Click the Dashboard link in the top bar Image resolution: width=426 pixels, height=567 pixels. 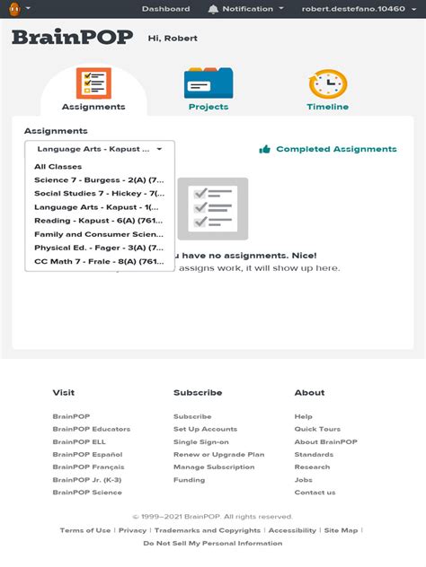click(165, 9)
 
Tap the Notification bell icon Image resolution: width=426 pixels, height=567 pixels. click(213, 9)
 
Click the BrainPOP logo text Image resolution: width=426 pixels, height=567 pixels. click(72, 38)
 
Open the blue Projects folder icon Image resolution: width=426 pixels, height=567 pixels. click(209, 83)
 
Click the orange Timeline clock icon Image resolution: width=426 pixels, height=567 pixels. click(327, 83)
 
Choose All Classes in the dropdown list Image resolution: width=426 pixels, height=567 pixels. click(58, 167)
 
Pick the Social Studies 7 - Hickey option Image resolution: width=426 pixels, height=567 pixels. click(99, 193)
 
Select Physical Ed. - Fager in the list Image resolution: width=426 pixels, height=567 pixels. click(99, 247)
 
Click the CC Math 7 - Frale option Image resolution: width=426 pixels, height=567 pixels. click(99, 261)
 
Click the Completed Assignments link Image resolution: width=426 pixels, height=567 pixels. click(336, 149)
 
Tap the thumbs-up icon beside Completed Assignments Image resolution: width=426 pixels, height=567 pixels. click(265, 149)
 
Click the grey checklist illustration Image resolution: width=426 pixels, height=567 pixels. click(213, 208)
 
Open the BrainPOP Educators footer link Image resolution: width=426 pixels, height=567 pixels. click(91, 429)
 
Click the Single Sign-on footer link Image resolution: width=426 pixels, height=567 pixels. click(201, 441)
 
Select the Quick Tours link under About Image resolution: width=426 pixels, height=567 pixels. click(317, 429)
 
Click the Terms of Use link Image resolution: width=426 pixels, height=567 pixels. click(85, 530)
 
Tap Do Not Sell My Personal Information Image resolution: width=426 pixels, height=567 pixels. click(213, 543)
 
